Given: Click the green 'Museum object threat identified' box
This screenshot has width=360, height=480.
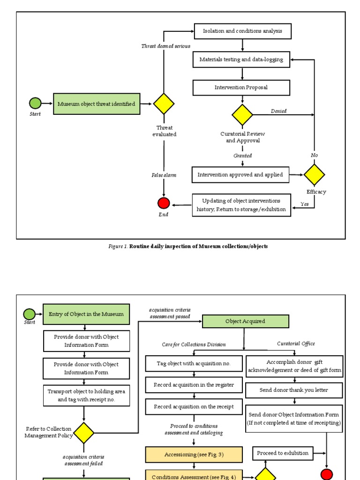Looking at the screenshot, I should coord(97,104).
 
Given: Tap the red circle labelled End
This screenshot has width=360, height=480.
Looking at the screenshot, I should coord(164,203).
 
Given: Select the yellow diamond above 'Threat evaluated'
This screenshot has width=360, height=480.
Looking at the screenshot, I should coord(164,104).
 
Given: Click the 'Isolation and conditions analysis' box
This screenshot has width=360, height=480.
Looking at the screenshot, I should coord(242,31).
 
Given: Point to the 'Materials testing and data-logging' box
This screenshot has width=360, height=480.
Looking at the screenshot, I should coord(241,60).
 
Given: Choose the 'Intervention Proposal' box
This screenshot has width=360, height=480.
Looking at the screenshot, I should coord(241,88).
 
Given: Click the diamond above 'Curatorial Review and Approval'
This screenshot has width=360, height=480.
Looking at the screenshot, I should coord(242,115).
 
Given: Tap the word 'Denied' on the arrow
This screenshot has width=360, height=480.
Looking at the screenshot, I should coord(278,111).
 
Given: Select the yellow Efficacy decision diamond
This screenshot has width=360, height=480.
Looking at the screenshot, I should coord(314,174).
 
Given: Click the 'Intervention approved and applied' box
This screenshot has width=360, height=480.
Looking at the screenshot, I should coord(240,175).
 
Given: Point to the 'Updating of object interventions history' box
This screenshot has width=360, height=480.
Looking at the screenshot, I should coord(241,205).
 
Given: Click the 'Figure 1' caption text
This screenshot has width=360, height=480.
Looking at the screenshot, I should coord(188,247).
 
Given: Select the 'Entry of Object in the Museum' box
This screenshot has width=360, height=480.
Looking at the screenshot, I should coord(86,314).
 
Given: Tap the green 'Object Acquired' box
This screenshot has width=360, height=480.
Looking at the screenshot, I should coord(245,321).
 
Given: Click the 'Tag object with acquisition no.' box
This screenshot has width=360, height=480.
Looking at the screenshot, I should coord(194,363).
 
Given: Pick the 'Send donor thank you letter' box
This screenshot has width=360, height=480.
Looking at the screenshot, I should coord(294,390).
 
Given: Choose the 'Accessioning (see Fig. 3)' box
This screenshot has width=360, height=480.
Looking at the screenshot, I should coord(194,454).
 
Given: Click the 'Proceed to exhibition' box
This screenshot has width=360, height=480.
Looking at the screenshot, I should coord(283,453).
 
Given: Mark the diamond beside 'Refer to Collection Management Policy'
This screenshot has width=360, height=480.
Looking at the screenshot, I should coord(84,433).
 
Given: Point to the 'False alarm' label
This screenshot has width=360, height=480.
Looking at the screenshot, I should coord(164,175).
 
